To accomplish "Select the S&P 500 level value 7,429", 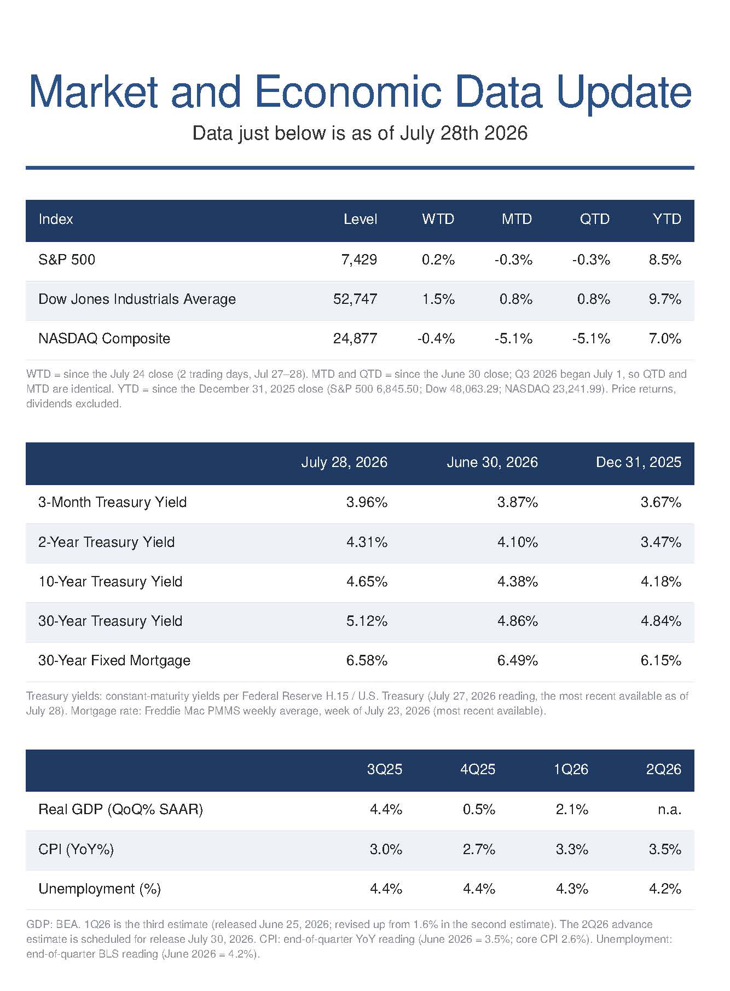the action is point(359,260).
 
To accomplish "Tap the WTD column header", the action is point(438,220).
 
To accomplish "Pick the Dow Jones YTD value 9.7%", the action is point(665,299).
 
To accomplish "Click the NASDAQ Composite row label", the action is point(105,338).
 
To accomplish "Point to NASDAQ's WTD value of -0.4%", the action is point(436,338).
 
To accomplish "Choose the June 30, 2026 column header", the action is point(493,463).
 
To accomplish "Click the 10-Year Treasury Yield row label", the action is point(111,581).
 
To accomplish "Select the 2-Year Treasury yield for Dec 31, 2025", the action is point(661,542).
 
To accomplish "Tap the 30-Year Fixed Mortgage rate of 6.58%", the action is point(367,660).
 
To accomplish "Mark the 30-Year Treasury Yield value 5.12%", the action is point(367,621).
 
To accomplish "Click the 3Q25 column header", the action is point(385,769).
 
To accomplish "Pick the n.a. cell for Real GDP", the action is point(669,809).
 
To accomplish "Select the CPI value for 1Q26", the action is point(572,849).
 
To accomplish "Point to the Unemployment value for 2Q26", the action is point(665,889).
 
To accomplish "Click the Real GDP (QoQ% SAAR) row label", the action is point(121,809).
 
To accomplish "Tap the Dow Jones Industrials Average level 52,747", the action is point(355,299).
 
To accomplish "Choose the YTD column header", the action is point(667,220).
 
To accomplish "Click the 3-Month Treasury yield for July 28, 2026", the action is point(367,502).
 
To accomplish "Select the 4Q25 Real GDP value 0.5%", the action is point(479,809).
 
